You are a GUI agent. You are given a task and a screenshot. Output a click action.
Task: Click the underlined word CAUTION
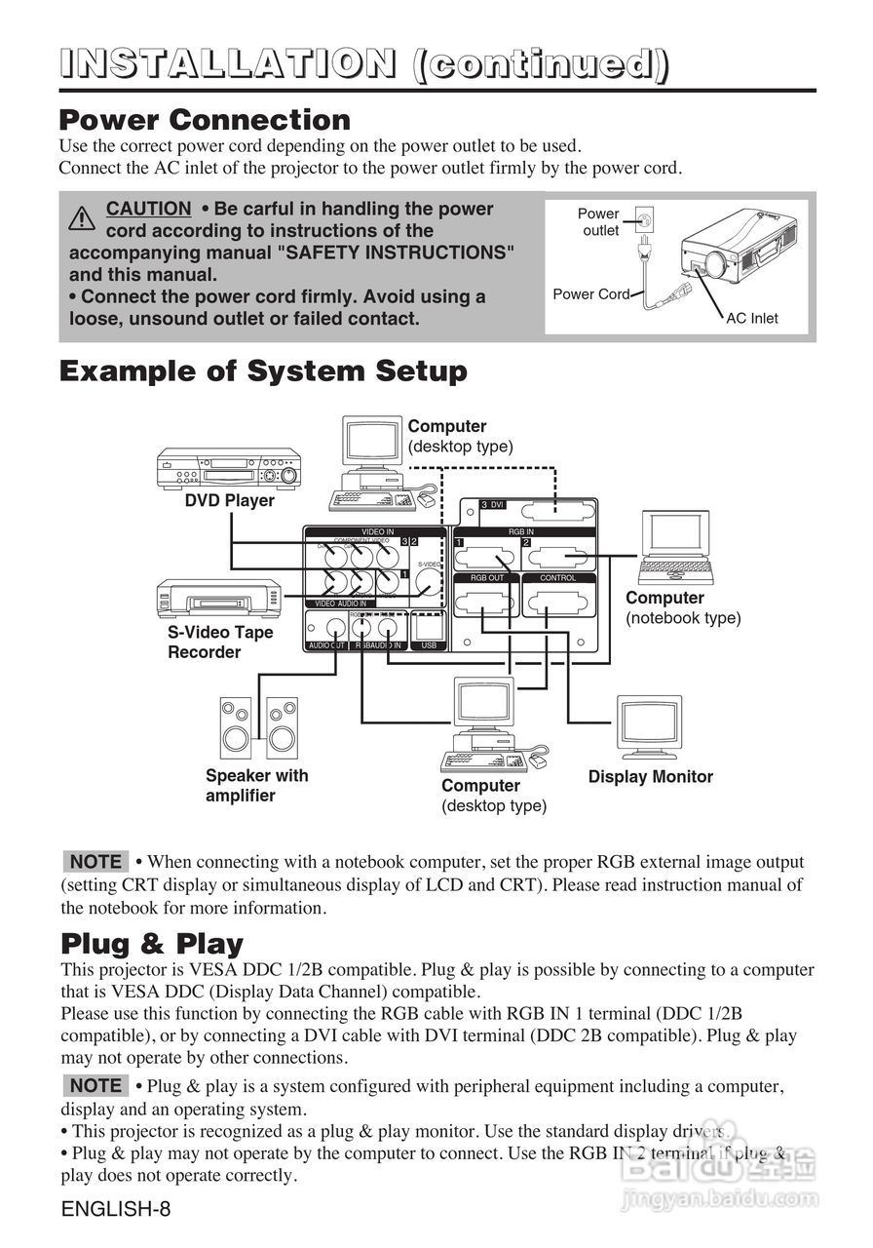(x=148, y=209)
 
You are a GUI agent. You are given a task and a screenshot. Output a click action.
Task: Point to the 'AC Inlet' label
(x=752, y=318)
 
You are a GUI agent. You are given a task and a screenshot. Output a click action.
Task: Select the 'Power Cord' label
(x=590, y=293)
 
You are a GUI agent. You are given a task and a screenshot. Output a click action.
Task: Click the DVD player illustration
(x=229, y=469)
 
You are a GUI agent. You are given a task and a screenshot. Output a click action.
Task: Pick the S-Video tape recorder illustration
(x=219, y=599)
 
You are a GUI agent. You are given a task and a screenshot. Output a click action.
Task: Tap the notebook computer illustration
(x=675, y=547)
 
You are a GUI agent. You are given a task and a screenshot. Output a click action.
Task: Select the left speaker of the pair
(x=235, y=725)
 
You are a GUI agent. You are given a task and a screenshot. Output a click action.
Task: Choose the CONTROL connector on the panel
(x=557, y=604)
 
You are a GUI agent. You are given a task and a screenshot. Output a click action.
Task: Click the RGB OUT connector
(x=487, y=604)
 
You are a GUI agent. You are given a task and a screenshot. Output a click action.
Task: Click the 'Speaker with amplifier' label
(x=256, y=786)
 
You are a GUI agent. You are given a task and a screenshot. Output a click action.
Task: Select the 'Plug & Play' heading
(x=152, y=944)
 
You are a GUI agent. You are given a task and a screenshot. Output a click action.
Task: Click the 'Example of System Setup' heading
(x=263, y=371)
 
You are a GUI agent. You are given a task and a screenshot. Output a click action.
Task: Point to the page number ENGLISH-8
(x=116, y=1210)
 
